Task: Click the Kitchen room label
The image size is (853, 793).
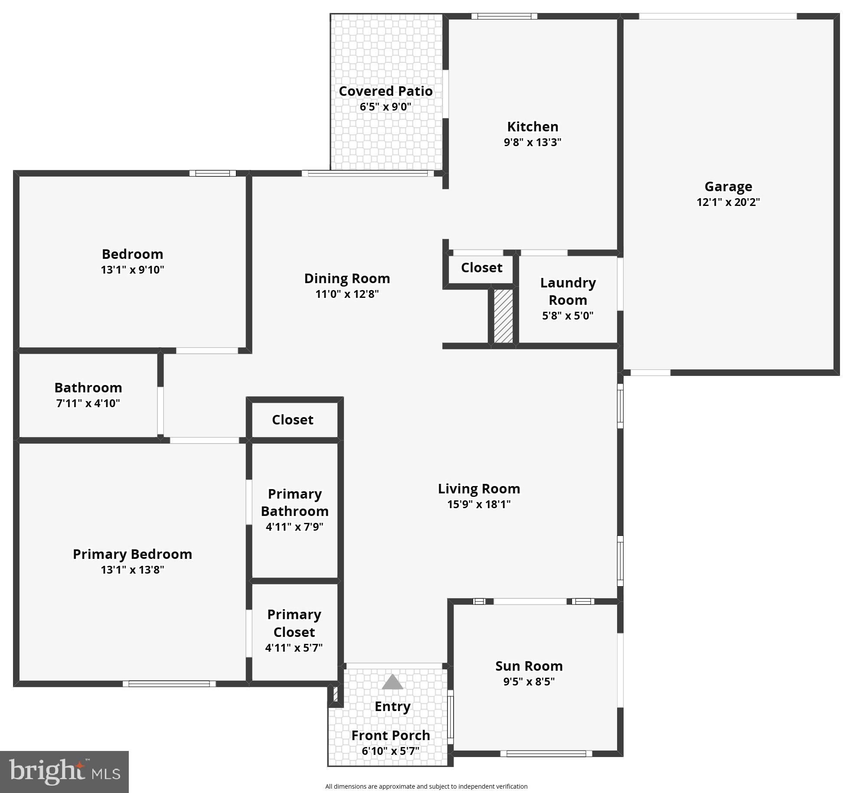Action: tap(533, 127)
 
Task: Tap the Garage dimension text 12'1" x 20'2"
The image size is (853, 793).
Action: tap(728, 202)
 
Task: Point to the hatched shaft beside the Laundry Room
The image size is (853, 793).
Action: tap(503, 316)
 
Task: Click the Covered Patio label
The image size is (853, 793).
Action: tap(386, 91)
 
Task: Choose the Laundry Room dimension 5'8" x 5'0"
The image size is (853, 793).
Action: tap(568, 316)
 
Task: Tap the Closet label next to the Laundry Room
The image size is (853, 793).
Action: tap(481, 268)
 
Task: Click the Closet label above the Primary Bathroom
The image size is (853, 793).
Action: tap(293, 420)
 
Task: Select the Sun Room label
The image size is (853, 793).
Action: tap(529, 666)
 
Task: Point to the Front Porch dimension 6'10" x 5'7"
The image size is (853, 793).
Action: tap(391, 751)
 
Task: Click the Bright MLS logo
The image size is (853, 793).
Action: tap(64, 772)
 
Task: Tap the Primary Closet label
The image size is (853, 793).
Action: tap(294, 623)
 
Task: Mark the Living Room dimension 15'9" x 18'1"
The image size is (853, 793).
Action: tap(479, 504)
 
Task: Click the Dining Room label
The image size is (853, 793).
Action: tap(347, 278)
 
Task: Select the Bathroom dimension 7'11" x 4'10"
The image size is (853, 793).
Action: tap(88, 403)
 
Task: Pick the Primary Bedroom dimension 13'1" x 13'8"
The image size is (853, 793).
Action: tap(132, 569)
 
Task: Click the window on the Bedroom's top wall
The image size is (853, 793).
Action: tap(212, 173)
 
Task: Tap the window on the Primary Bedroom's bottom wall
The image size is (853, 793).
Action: tap(169, 684)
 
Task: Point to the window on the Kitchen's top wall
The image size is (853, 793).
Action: tap(504, 16)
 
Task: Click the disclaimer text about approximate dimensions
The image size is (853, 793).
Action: tap(426, 786)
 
